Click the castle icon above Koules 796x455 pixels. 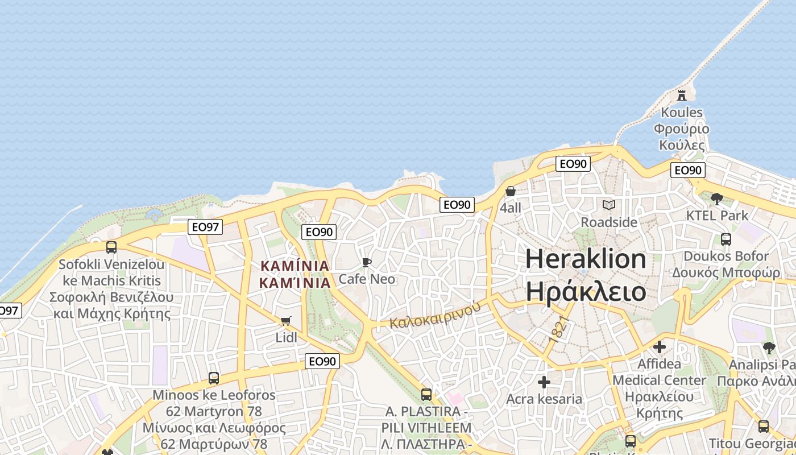[x=682, y=94]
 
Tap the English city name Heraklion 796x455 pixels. [x=586, y=259]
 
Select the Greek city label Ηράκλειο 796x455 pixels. [x=586, y=292]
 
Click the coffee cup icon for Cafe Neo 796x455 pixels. [x=367, y=262]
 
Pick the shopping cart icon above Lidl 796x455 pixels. [x=286, y=321]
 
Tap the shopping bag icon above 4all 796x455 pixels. [x=511, y=191]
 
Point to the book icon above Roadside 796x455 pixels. [x=609, y=205]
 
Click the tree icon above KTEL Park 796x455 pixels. [x=717, y=198]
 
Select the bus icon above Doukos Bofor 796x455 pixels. [x=726, y=239]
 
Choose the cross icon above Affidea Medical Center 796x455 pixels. [x=660, y=346]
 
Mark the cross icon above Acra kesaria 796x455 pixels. [x=544, y=382]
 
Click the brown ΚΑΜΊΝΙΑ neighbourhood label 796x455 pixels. [x=295, y=266]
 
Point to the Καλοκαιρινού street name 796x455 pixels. [x=436, y=315]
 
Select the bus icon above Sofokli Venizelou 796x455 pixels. [x=111, y=247]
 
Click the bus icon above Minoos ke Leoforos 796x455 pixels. [x=214, y=378]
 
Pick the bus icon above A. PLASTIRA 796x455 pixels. [x=426, y=394]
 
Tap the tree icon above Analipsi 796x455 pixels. [x=769, y=348]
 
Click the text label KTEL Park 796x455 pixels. [x=717, y=216]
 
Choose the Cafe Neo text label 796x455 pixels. [x=367, y=279]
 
